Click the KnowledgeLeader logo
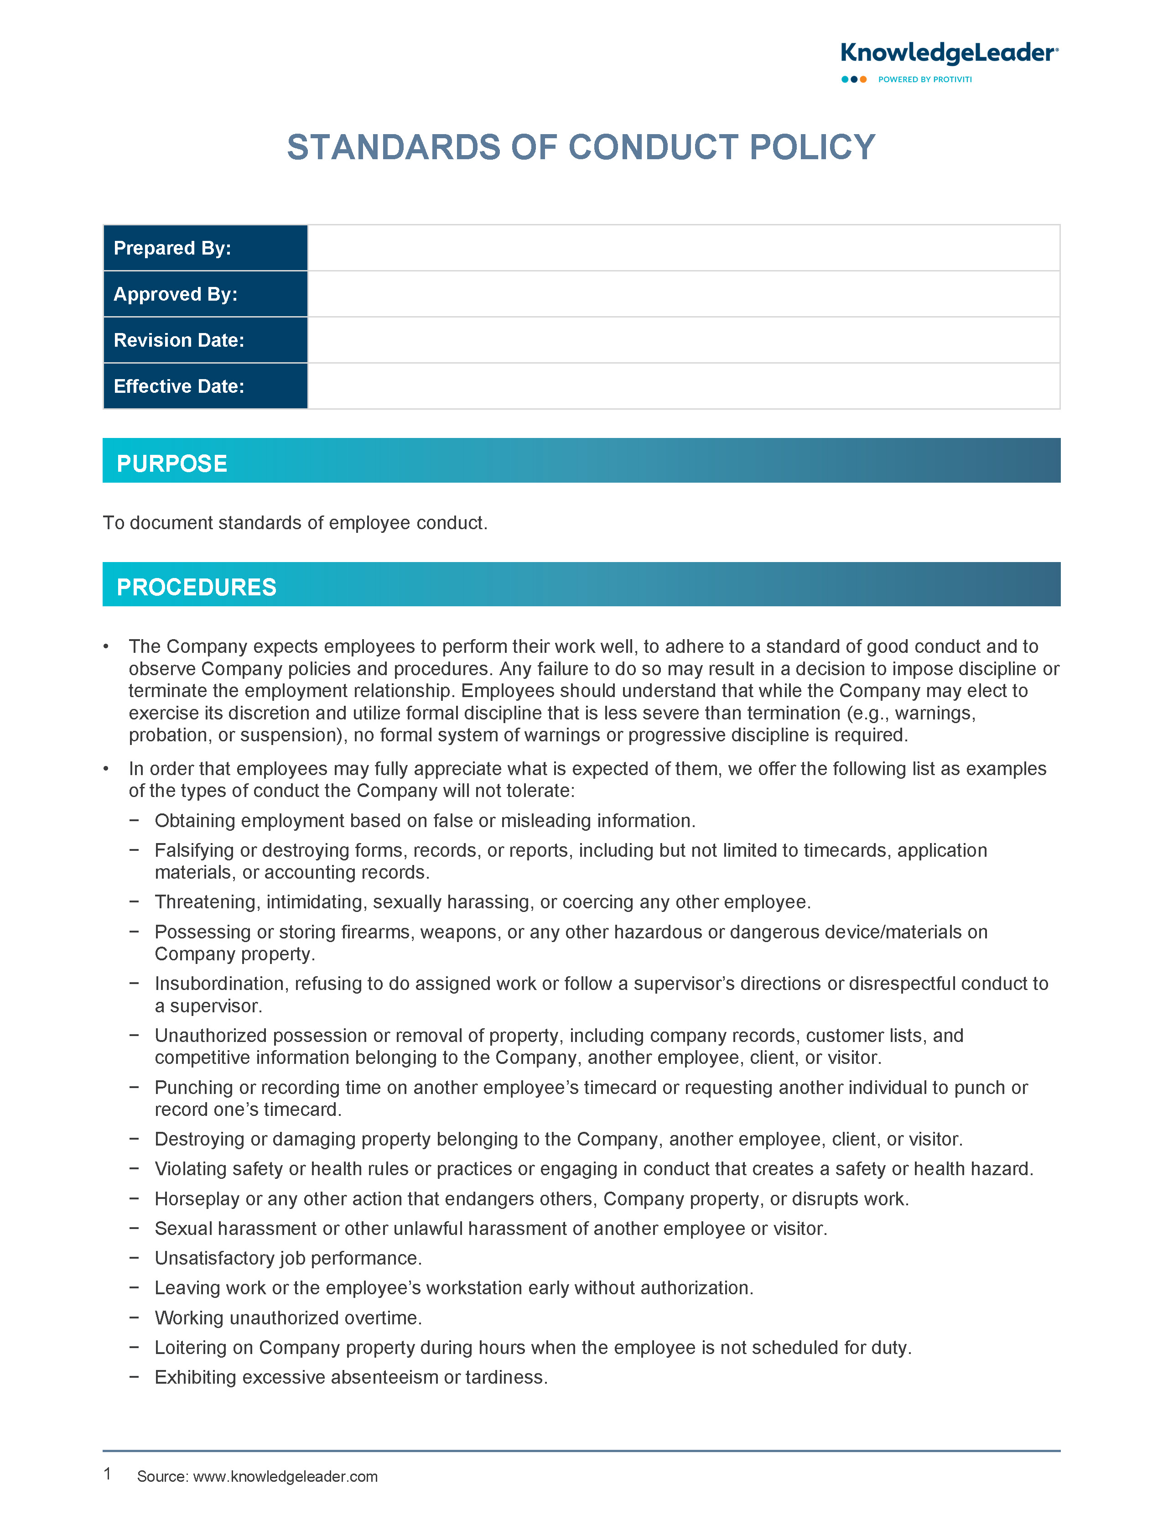pyautogui.click(x=948, y=53)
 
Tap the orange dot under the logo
pyautogui.click(x=863, y=80)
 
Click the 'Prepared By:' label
pyautogui.click(x=172, y=248)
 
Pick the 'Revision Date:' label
pyautogui.click(x=179, y=340)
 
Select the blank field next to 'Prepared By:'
pyautogui.click(x=683, y=248)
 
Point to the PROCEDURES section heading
pyautogui.click(x=197, y=587)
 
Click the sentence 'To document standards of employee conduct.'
pyautogui.click(x=295, y=523)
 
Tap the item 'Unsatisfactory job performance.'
pyautogui.click(x=288, y=1258)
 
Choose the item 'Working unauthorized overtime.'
pyautogui.click(x=288, y=1318)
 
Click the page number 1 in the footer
pyautogui.click(x=107, y=1474)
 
